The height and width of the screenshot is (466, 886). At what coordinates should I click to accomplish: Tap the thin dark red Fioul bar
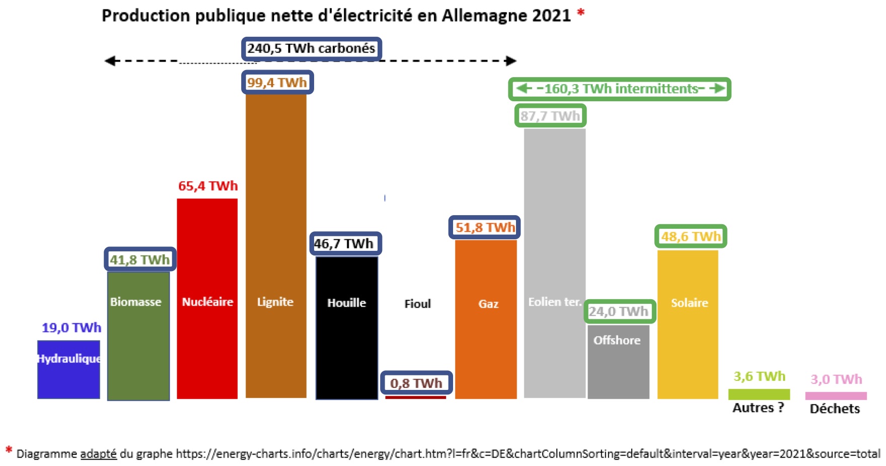click(x=415, y=397)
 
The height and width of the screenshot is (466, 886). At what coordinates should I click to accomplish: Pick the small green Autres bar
click(x=759, y=394)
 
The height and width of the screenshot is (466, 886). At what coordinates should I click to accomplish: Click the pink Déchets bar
click(x=836, y=396)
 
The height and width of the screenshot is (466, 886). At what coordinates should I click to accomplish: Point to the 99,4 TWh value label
click(x=277, y=82)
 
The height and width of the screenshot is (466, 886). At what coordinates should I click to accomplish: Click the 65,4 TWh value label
click(x=208, y=186)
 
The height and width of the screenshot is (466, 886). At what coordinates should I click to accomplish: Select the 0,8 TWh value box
click(x=416, y=383)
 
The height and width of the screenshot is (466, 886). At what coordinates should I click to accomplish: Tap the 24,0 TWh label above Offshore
click(x=619, y=312)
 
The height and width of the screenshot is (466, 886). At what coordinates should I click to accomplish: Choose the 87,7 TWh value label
click(x=550, y=116)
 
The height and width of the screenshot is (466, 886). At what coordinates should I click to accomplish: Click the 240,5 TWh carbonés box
click(x=311, y=49)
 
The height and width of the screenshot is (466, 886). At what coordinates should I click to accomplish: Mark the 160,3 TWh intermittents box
click(x=619, y=89)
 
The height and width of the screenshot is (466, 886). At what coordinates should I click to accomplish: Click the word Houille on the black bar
click(x=346, y=303)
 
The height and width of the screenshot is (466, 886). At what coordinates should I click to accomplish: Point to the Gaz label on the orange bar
click(x=488, y=304)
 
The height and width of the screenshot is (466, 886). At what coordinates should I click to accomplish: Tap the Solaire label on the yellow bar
click(x=689, y=303)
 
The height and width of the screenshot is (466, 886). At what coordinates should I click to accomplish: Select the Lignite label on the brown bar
click(x=275, y=302)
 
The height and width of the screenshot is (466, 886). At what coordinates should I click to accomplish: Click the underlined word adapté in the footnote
click(x=98, y=454)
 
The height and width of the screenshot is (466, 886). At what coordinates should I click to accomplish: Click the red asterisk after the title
click(x=581, y=13)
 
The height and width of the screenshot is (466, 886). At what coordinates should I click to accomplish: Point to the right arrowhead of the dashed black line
click(x=511, y=61)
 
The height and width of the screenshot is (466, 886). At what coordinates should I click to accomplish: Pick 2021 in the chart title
click(x=551, y=16)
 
